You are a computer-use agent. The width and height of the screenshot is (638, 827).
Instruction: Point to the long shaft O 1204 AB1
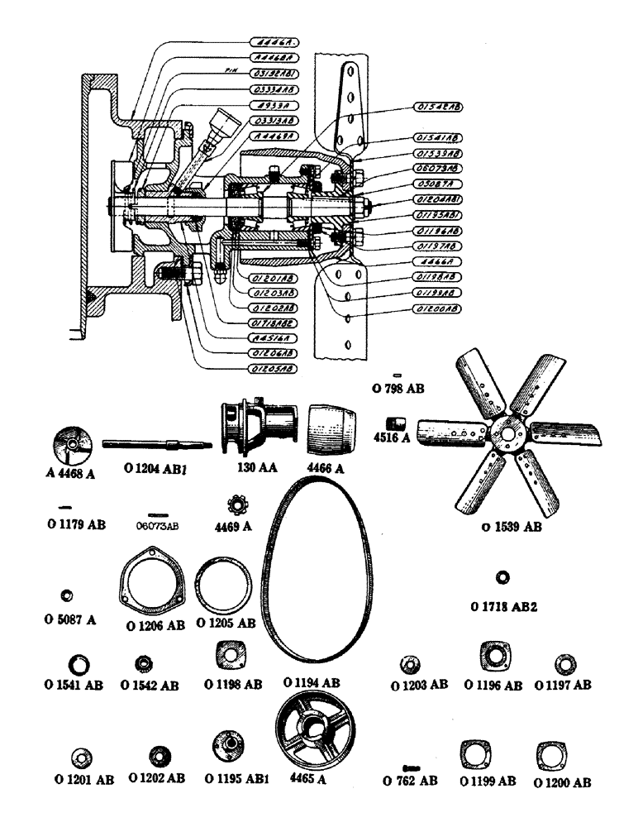(x=157, y=445)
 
